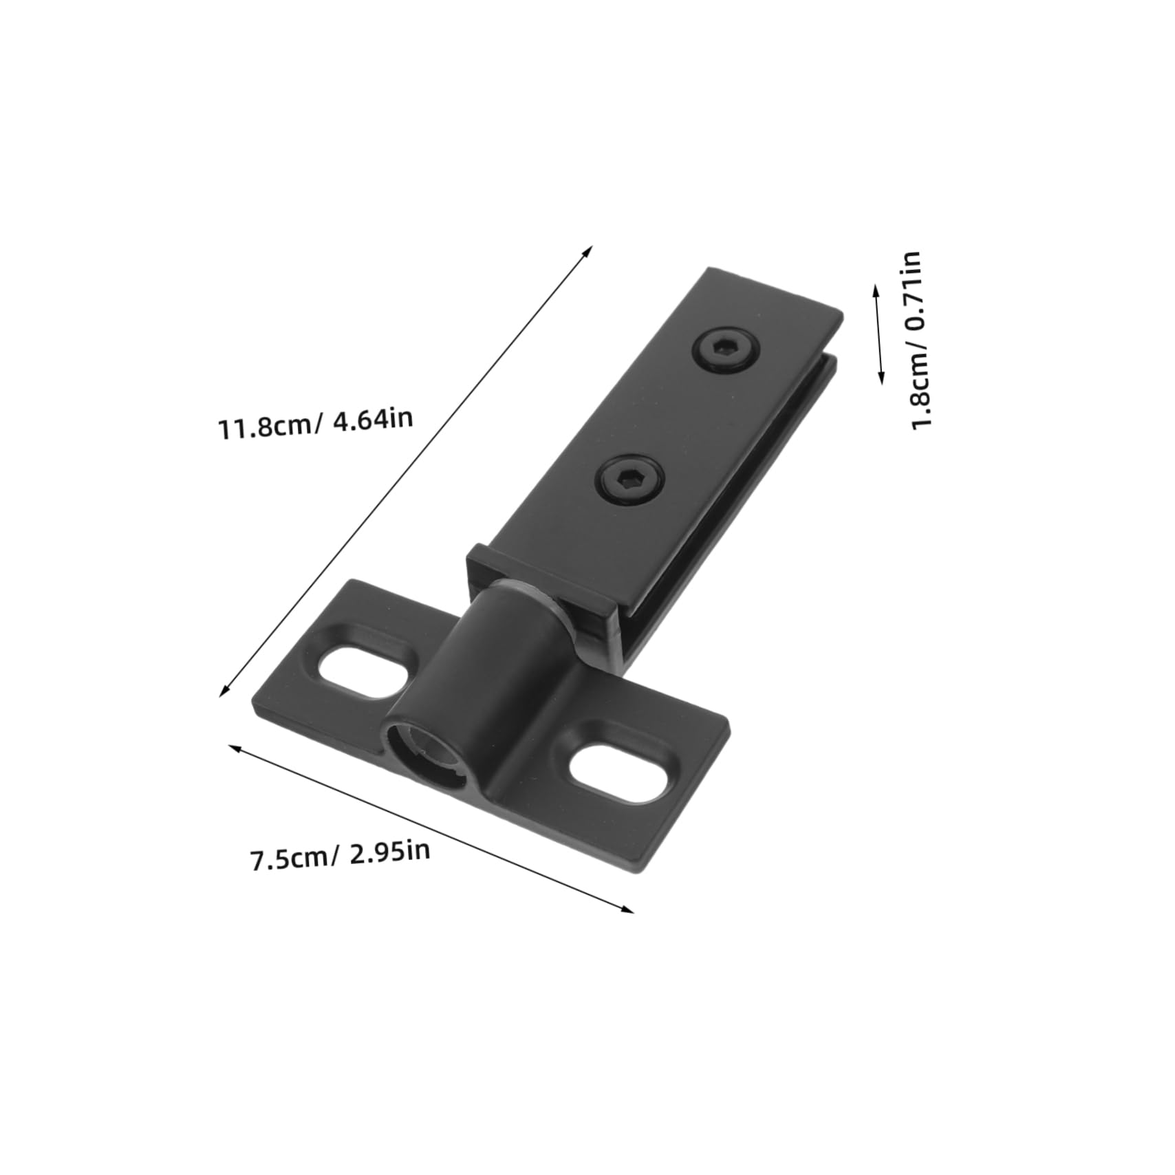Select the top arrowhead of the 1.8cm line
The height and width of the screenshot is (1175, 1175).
pyautogui.click(x=876, y=288)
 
